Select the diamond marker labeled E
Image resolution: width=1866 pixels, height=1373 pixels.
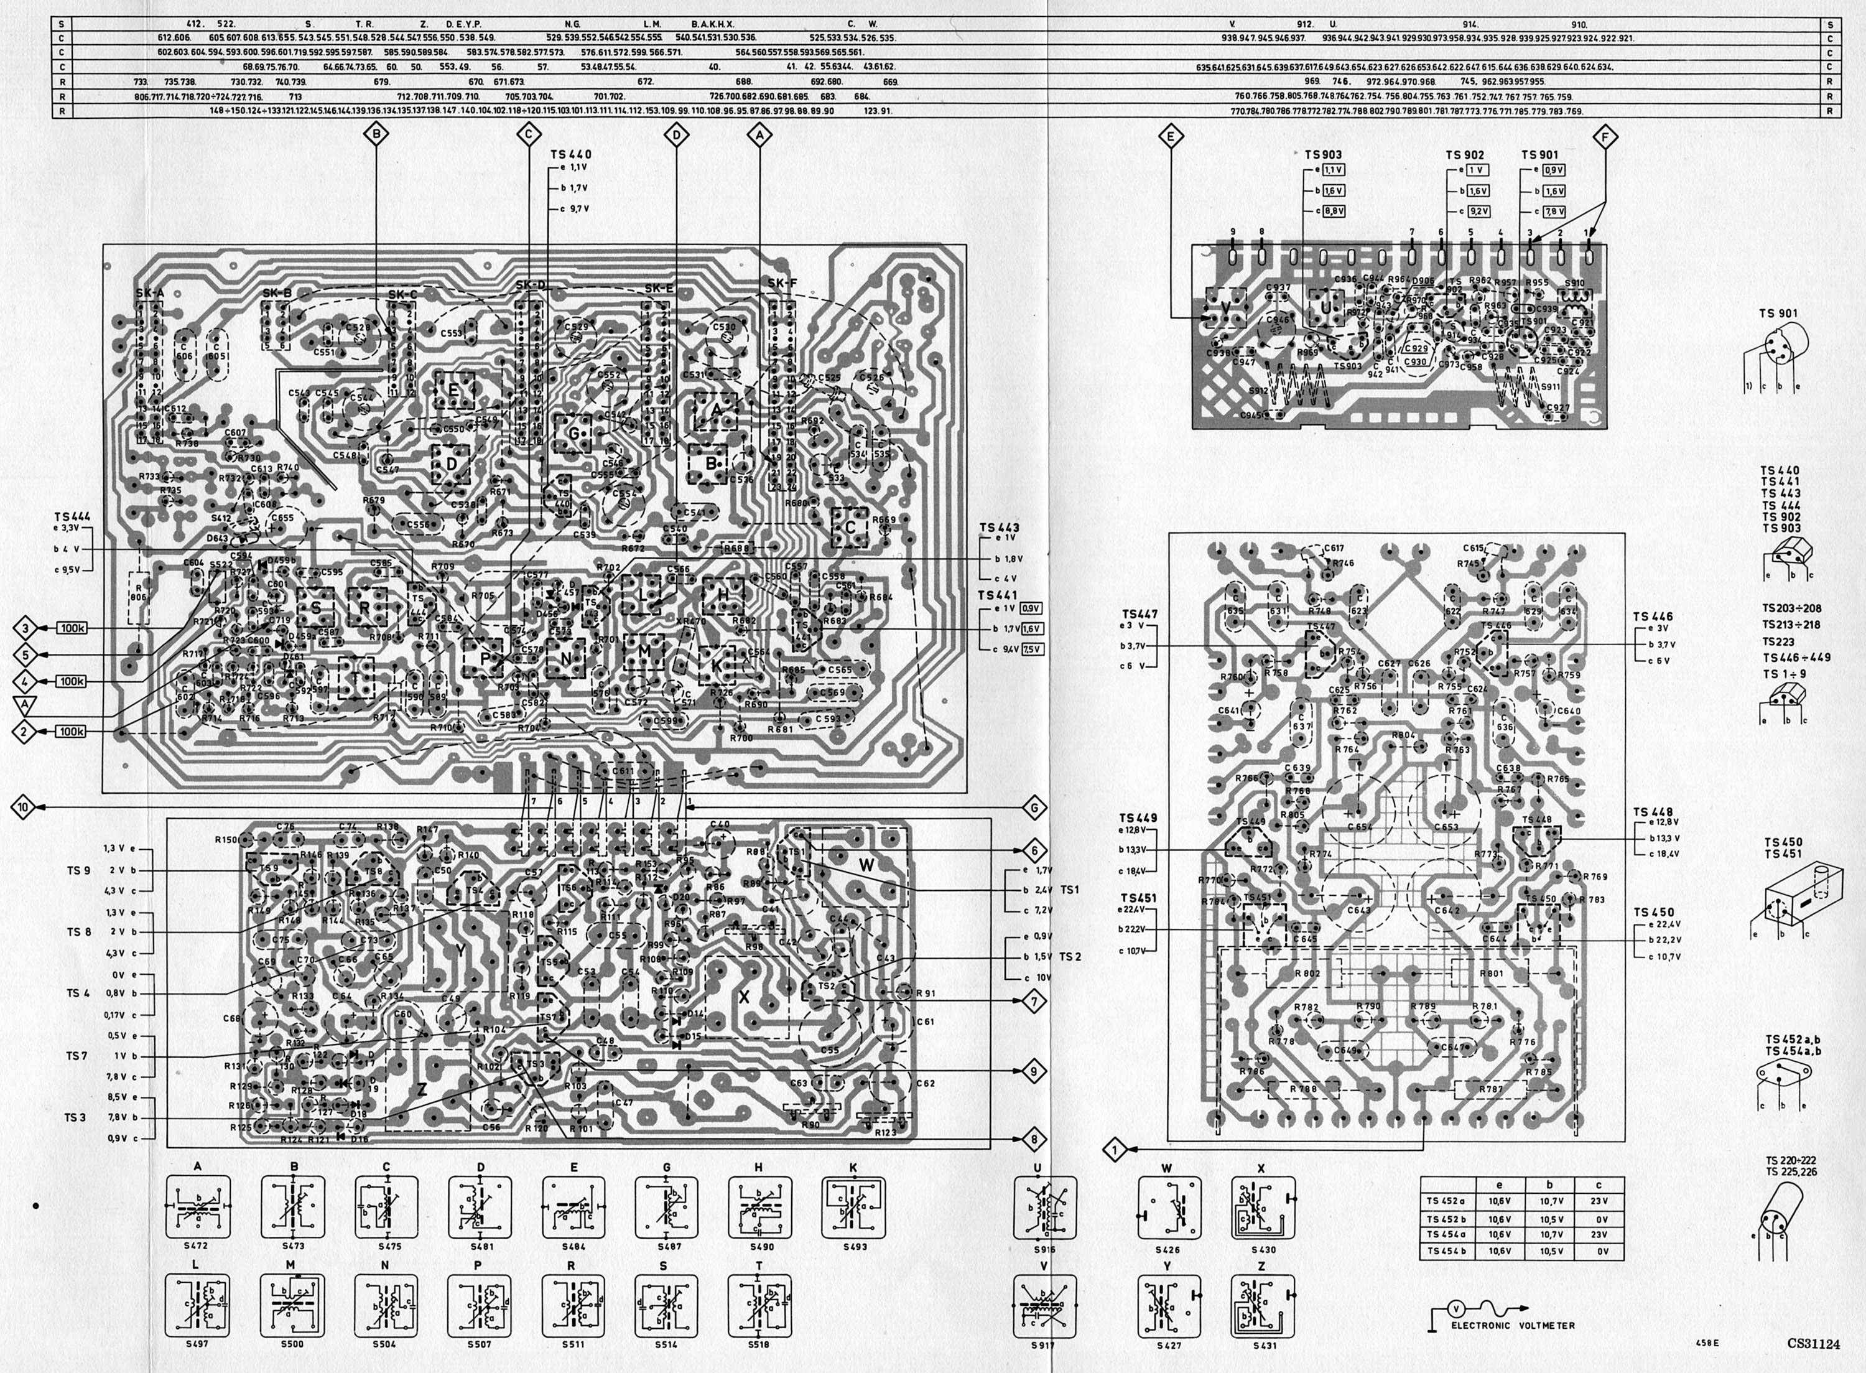pyautogui.click(x=1171, y=136)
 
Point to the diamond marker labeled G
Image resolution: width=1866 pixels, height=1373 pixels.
pyautogui.click(x=1034, y=806)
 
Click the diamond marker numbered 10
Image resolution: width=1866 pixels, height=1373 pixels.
pyautogui.click(x=23, y=806)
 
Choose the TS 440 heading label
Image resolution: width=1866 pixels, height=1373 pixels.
pyautogui.click(x=571, y=154)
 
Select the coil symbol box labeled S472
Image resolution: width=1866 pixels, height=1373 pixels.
pyautogui.click(x=198, y=1207)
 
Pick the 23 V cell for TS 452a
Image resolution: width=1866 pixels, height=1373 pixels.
pyautogui.click(x=1598, y=1200)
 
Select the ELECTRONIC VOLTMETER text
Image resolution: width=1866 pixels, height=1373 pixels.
pyautogui.click(x=1512, y=1326)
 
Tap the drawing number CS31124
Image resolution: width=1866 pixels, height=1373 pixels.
pyautogui.click(x=1814, y=1343)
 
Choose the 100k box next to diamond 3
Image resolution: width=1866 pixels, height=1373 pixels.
pyautogui.click(x=72, y=628)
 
